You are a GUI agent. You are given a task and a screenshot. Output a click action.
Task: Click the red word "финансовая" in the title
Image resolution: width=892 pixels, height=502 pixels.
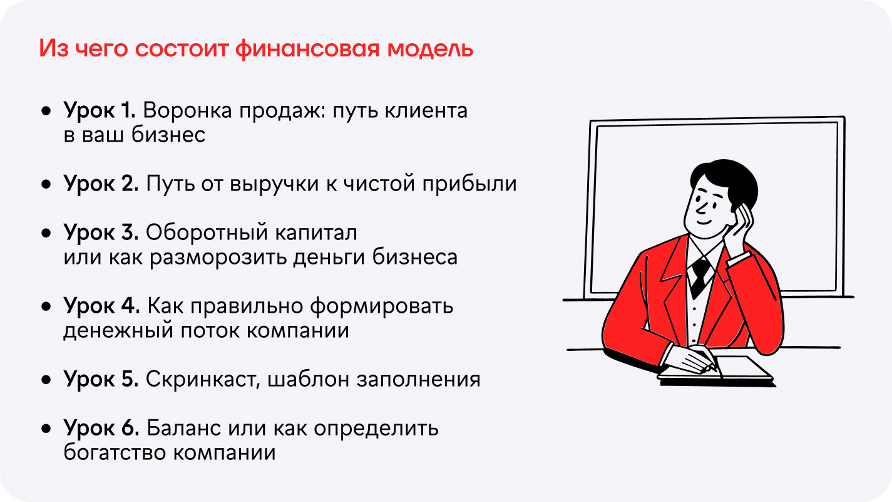click(307, 50)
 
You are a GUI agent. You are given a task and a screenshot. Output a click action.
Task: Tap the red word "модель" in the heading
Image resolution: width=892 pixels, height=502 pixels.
click(431, 50)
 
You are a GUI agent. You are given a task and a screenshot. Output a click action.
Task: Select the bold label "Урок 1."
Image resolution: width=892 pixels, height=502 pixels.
click(100, 110)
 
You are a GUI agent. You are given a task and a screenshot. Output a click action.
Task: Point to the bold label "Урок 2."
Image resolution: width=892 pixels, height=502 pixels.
click(101, 184)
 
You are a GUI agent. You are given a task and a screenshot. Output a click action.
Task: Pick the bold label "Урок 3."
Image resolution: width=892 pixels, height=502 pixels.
click(101, 233)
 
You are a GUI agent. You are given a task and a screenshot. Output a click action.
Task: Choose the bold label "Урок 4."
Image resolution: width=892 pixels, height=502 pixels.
click(101, 306)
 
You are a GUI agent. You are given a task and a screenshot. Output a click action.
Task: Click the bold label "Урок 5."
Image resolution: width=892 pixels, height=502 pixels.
click(101, 379)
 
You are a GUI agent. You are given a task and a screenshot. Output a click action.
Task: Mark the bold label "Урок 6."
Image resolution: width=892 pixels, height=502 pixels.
click(101, 428)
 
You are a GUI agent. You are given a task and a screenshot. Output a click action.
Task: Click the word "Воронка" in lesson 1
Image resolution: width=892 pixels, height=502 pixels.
click(187, 110)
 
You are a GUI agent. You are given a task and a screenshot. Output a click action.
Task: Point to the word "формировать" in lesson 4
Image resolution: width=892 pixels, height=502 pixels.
click(382, 306)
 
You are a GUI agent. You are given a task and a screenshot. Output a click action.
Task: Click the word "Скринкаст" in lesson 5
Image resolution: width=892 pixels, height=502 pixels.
click(203, 379)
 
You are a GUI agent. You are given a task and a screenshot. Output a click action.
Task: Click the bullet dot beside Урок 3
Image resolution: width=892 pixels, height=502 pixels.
click(46, 233)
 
